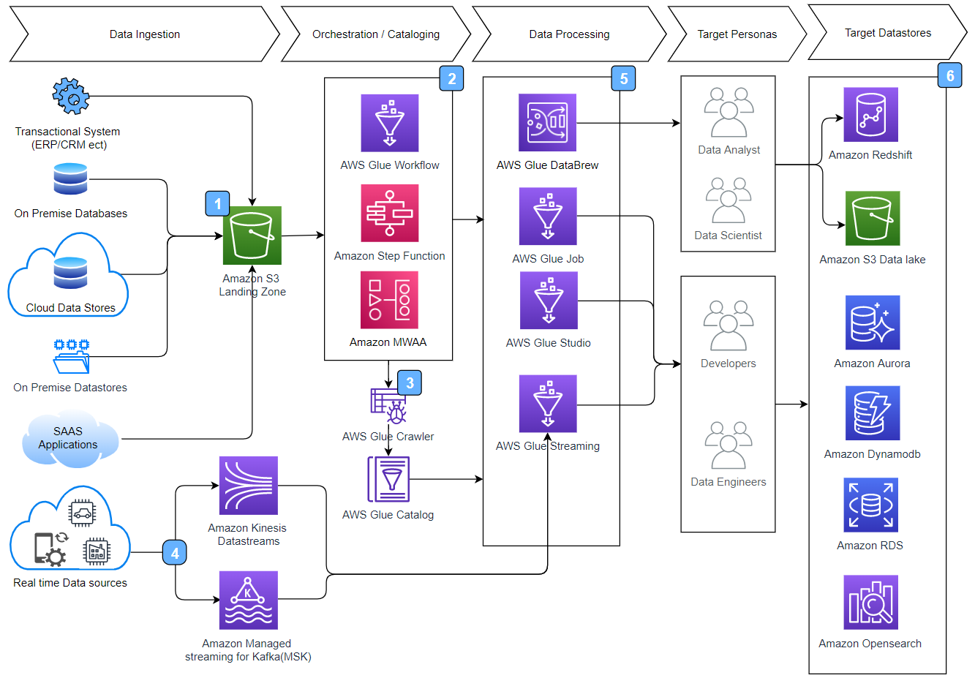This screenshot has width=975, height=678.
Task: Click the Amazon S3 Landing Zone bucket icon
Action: click(252, 235)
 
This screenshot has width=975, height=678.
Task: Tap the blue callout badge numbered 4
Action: click(175, 553)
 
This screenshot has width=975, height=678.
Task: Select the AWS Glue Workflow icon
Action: click(389, 123)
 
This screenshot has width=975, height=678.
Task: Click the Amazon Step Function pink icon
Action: click(389, 213)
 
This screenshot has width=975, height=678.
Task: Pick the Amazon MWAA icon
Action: click(389, 300)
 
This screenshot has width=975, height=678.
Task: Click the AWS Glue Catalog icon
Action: click(388, 479)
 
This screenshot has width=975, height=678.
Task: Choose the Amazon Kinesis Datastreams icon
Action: click(249, 486)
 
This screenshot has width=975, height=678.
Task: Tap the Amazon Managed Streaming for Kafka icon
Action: click(249, 600)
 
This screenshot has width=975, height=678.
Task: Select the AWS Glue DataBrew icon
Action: click(547, 122)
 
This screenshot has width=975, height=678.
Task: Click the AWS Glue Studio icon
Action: click(548, 301)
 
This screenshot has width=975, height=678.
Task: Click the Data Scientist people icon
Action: click(729, 200)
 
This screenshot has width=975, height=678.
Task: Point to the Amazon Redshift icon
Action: click(870, 115)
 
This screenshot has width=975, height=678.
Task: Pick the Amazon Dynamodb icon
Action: click(872, 413)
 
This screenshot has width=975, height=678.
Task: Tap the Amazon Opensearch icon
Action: click(870, 602)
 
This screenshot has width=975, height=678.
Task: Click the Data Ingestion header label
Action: click(145, 34)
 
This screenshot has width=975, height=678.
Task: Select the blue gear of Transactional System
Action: click(70, 96)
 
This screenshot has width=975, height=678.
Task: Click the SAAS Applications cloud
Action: click(69, 439)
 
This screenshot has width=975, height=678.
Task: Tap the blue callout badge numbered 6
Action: click(949, 75)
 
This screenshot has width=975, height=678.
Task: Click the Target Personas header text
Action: click(737, 34)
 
